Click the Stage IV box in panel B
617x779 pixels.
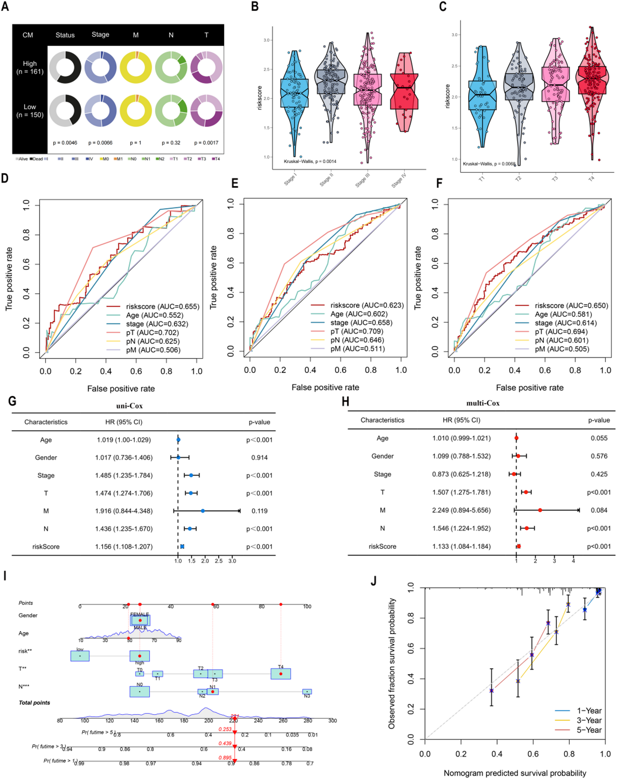[404, 91]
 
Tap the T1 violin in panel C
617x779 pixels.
[482, 95]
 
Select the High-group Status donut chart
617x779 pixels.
[65, 67]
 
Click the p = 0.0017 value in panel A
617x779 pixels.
[206, 143]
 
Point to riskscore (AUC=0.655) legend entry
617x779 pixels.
[162, 306]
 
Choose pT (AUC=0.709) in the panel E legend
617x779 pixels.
[356, 331]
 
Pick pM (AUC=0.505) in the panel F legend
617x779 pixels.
[561, 349]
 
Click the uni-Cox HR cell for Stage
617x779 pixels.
[124, 475]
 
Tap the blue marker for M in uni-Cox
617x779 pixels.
[203, 511]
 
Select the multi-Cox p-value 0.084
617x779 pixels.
[599, 510]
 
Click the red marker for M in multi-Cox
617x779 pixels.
[540, 510]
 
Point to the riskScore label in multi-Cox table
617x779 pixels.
[382, 546]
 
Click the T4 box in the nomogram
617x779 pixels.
[280, 674]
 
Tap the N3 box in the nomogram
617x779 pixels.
[307, 692]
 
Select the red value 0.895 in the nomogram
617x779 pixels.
[225, 758]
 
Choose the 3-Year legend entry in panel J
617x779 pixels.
[589, 720]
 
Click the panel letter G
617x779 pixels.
[12, 401]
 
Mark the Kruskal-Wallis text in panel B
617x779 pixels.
[310, 161]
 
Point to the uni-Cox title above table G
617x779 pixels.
[129, 406]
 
